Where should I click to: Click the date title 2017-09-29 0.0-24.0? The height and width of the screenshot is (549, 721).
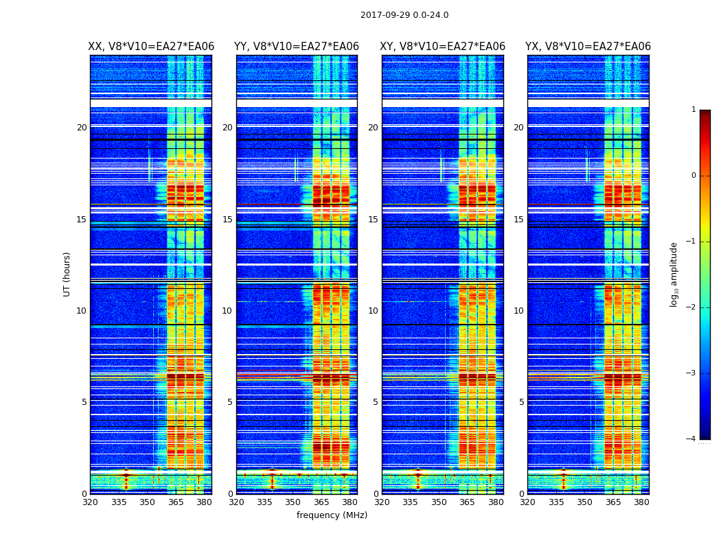click(x=404, y=15)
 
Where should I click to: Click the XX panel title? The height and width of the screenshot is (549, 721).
click(x=151, y=47)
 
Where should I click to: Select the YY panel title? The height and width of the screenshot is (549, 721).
click(x=297, y=47)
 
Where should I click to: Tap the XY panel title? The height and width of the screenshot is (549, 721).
click(x=442, y=47)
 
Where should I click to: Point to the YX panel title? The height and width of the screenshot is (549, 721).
click(x=588, y=47)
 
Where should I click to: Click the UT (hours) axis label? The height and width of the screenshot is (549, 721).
click(x=67, y=274)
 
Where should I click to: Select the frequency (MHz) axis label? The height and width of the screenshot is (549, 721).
click(x=332, y=515)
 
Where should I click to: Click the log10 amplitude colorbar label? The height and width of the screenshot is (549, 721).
click(x=674, y=274)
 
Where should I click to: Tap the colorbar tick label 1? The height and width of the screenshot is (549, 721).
click(x=694, y=110)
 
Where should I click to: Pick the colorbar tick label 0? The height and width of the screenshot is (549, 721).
click(x=694, y=176)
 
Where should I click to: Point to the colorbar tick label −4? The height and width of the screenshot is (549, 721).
click(x=691, y=439)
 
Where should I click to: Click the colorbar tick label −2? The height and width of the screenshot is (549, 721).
click(x=691, y=307)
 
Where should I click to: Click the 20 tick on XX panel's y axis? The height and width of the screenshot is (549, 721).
click(x=82, y=128)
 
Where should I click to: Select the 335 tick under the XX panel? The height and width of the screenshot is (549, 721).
click(x=119, y=502)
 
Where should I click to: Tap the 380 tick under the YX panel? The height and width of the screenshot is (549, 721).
click(x=641, y=502)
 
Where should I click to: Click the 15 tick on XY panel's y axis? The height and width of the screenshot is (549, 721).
click(x=374, y=220)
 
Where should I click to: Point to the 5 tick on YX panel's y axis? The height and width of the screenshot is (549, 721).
click(x=522, y=402)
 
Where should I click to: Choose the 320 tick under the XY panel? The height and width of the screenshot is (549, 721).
click(x=382, y=502)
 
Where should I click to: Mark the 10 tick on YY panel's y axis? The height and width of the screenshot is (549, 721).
click(x=227, y=311)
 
